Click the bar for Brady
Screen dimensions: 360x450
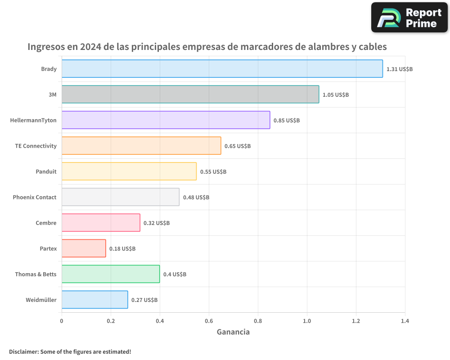[222, 69]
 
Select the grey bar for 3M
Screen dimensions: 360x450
[190, 94]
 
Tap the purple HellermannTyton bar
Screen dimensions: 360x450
[166, 120]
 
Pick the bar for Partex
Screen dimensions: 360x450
[84, 248]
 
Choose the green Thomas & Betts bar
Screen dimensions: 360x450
[111, 274]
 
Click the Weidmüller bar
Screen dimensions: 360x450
[94, 300]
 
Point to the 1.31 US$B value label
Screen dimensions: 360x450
[399, 69]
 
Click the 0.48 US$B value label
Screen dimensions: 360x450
[196, 198]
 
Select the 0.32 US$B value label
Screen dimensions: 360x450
[156, 223]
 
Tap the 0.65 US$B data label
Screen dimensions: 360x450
[237, 146]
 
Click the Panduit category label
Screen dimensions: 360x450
[46, 171]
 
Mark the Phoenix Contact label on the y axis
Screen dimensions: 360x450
[35, 197]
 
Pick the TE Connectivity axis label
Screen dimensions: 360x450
[36, 146]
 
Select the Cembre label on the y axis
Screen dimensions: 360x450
[46, 223]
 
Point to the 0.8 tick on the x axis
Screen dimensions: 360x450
[258, 321]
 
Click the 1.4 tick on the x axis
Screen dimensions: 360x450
[405, 321]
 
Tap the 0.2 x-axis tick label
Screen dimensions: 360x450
[111, 321]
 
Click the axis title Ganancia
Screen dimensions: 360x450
[233, 332]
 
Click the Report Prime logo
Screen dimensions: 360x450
[409, 18]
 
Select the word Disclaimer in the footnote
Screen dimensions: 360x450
[23, 351]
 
